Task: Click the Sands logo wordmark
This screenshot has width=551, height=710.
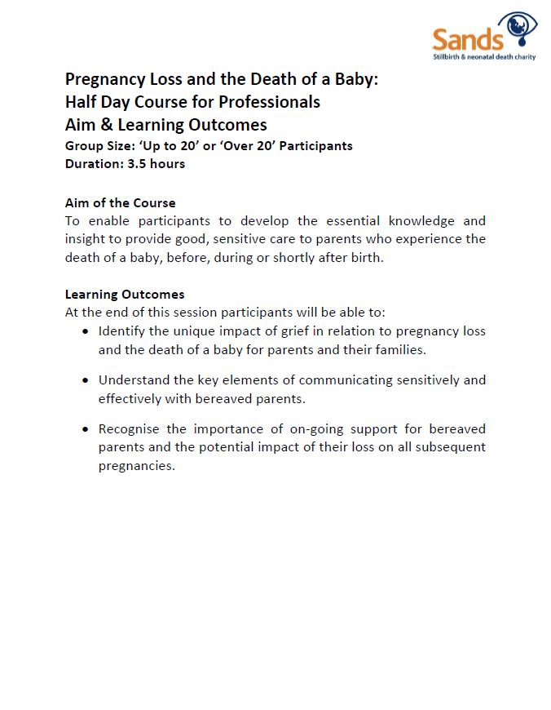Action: (467, 38)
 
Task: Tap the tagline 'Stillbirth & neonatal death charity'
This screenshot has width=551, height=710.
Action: (483, 58)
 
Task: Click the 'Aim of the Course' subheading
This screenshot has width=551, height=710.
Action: (120, 202)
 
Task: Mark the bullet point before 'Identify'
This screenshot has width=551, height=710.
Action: (86, 331)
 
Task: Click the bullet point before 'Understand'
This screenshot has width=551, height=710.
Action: (86, 380)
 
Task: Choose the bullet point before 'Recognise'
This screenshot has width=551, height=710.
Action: (86, 429)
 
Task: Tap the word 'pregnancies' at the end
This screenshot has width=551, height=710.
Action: (136, 467)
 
